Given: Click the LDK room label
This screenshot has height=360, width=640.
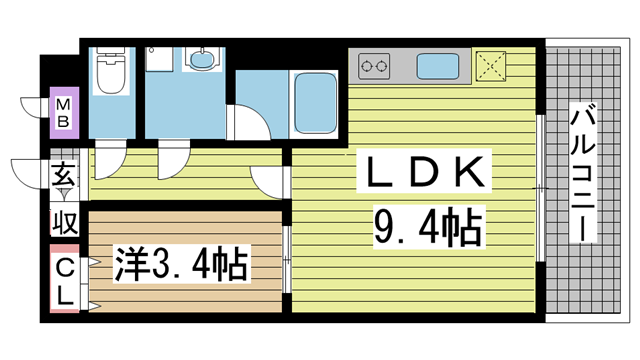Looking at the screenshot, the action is pos(424,171).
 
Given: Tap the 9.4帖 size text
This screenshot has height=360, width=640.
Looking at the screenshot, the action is pos(428,227).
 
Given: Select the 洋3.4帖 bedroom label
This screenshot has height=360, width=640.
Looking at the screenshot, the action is pos(181,263).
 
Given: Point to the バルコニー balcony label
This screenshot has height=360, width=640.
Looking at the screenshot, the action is pos(582,173).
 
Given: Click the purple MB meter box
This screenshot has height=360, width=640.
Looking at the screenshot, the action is pos(64,113).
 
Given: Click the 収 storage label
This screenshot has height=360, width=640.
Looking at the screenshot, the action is pos(64,223).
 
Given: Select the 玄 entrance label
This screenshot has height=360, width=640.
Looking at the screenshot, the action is pos(64,174).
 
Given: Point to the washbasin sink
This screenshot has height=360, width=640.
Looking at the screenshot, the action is pos(202,59).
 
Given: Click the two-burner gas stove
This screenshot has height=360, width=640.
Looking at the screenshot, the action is pos(374,66).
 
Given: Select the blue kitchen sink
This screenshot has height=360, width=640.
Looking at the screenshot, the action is pos(437,66).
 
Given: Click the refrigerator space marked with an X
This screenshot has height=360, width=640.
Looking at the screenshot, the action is pos(490,66).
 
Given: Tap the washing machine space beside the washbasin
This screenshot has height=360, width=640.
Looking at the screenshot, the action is pos(159,59).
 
